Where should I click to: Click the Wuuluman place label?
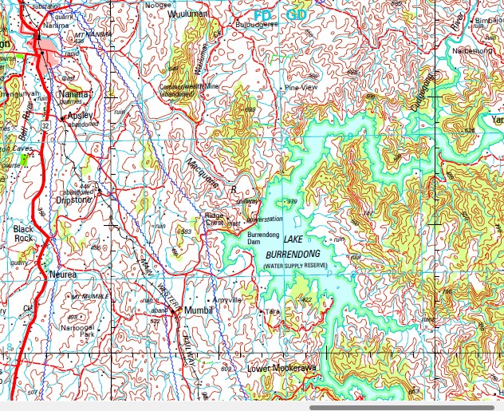point(187,14)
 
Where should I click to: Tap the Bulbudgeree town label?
point(256,25)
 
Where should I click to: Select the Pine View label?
point(301,86)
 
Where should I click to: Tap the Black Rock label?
point(22,233)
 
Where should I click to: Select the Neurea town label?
point(63,274)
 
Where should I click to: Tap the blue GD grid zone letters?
point(296,15)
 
